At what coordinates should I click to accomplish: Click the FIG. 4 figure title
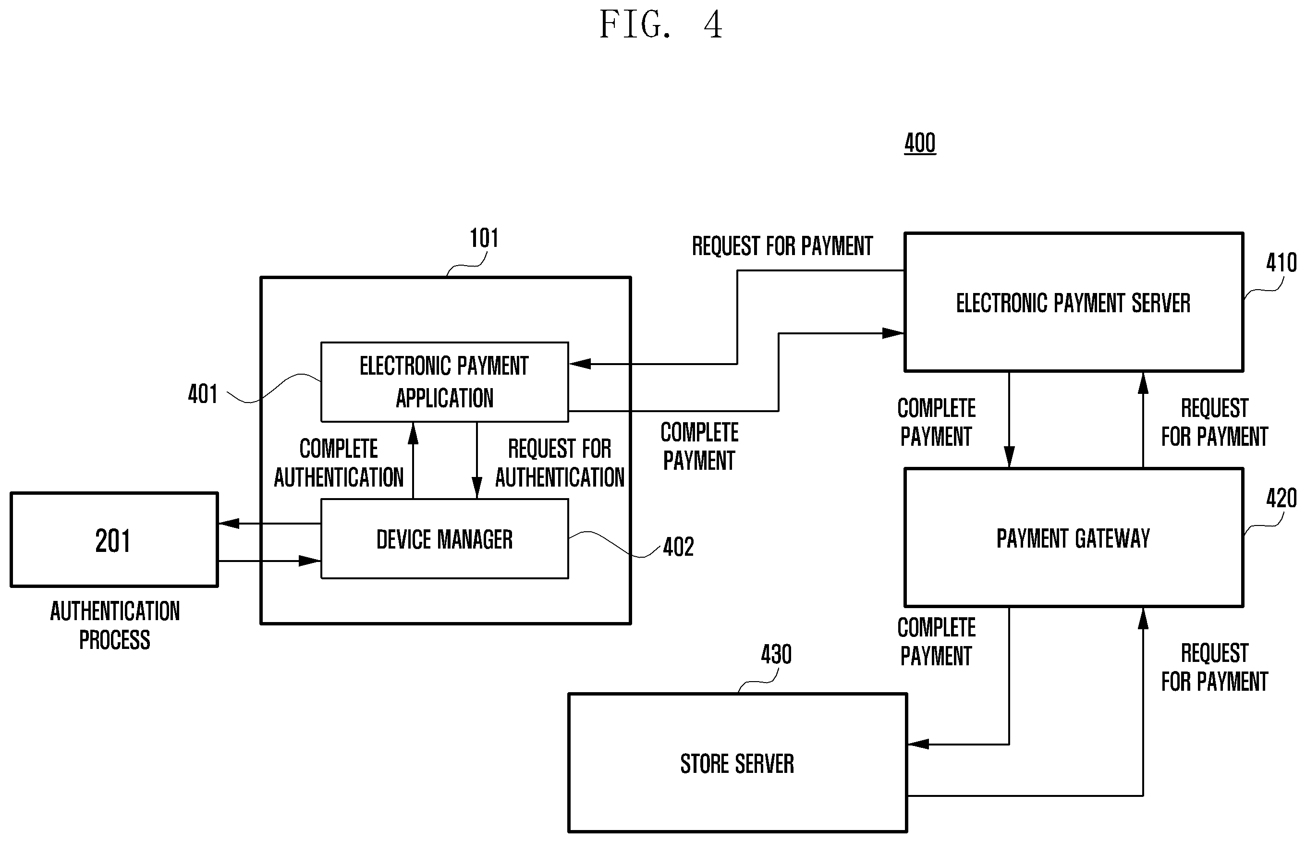click(660, 24)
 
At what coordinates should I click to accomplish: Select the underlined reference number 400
click(919, 144)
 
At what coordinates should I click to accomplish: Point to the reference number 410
click(1281, 263)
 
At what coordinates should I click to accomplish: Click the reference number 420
click(1281, 499)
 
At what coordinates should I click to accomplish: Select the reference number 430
click(776, 655)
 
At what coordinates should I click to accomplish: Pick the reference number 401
click(203, 394)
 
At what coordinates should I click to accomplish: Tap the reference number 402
click(678, 547)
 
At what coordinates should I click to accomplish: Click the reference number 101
click(484, 238)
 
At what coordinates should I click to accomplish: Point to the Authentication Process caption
click(115, 625)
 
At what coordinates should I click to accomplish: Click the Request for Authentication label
click(560, 463)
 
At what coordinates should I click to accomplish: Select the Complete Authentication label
click(339, 463)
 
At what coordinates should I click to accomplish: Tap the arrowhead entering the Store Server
click(918, 744)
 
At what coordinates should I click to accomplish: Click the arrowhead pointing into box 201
click(229, 523)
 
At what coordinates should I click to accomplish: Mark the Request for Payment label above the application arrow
click(782, 246)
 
